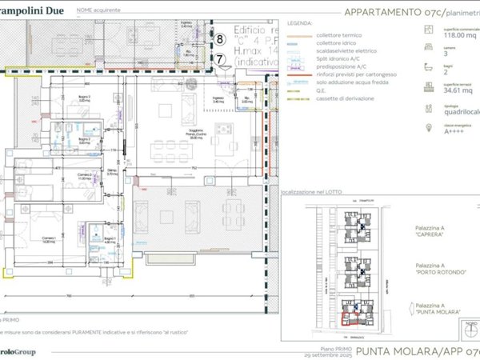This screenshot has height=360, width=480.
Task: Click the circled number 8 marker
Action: coord(221,38)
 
